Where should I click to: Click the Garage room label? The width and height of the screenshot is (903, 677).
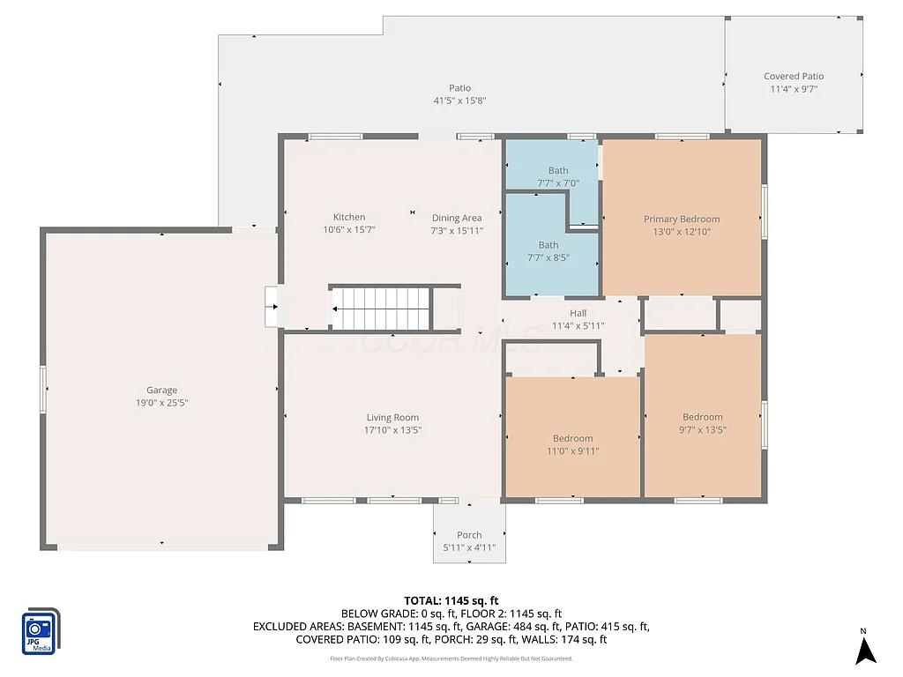pyautogui.click(x=161, y=391)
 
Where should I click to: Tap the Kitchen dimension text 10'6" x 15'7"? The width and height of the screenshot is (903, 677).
pyautogui.click(x=348, y=230)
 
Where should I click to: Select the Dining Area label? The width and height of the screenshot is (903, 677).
pyautogui.click(x=456, y=218)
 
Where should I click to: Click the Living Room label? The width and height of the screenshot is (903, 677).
pyautogui.click(x=392, y=418)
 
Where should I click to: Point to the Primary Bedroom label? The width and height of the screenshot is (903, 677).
pyautogui.click(x=681, y=219)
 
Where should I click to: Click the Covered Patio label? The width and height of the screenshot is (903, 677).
pyautogui.click(x=794, y=77)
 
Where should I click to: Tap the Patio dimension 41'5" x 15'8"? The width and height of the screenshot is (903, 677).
pyautogui.click(x=459, y=100)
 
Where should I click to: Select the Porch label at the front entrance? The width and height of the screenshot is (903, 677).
pyautogui.click(x=469, y=535)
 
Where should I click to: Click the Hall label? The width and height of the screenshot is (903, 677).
pyautogui.click(x=578, y=313)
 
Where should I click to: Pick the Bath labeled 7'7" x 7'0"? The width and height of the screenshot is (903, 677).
pyautogui.click(x=557, y=171)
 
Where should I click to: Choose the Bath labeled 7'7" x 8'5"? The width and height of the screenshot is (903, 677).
pyautogui.click(x=548, y=245)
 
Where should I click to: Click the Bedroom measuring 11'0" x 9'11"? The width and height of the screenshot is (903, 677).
pyautogui.click(x=572, y=438)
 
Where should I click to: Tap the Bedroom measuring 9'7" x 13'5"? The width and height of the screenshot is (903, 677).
pyautogui.click(x=702, y=417)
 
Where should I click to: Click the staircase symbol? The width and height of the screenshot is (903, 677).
pyautogui.click(x=381, y=308)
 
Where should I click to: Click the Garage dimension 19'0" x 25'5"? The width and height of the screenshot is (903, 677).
pyautogui.click(x=161, y=403)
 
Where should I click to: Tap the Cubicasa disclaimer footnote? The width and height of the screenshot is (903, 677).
pyautogui.click(x=451, y=658)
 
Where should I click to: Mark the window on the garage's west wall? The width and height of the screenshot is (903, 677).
pyautogui.click(x=42, y=390)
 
